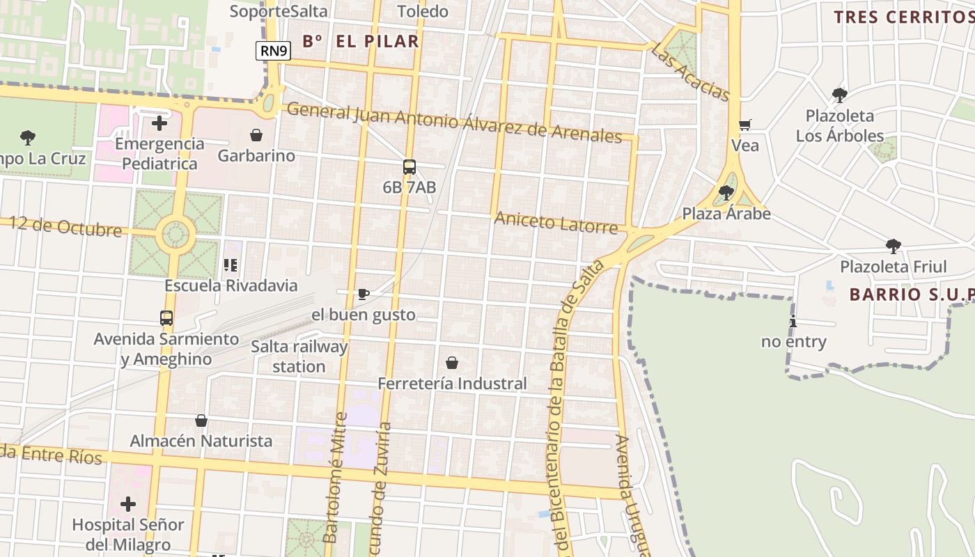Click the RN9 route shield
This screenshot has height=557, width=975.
[x=273, y=50]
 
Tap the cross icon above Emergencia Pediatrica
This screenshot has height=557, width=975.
[x=159, y=123]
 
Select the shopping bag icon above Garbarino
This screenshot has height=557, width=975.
[x=256, y=134]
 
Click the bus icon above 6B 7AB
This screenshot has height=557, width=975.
[x=409, y=167]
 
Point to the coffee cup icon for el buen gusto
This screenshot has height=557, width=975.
[x=363, y=294]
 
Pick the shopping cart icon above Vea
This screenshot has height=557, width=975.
[x=745, y=125]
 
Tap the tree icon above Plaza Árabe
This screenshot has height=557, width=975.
[x=726, y=192]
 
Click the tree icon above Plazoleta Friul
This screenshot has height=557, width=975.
[x=894, y=246]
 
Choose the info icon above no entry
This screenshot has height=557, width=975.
[x=793, y=321]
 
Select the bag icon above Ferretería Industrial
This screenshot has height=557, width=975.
[x=452, y=363]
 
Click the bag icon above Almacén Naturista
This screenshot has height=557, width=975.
[x=201, y=421]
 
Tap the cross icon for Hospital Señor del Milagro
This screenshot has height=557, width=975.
[x=128, y=504]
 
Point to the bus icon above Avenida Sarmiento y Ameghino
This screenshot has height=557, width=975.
[x=166, y=318]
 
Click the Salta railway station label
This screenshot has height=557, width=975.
[x=299, y=356]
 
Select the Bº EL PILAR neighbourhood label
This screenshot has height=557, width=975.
[x=361, y=41]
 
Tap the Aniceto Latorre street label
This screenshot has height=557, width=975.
[x=556, y=223]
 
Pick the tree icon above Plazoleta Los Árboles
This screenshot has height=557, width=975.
[x=840, y=95]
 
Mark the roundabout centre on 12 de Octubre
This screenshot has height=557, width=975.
[x=175, y=235]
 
